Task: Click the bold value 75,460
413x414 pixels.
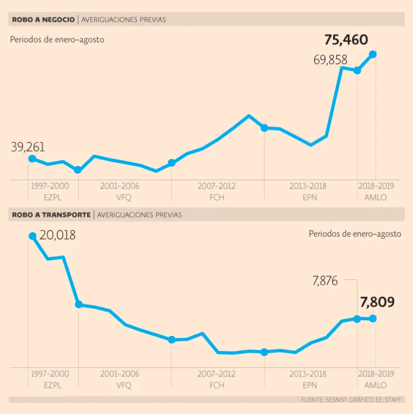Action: click(346, 40)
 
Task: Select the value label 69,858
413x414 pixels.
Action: click(330, 60)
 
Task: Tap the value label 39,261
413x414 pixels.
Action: click(28, 147)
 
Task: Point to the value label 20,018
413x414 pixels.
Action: click(58, 235)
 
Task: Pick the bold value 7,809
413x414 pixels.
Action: click(377, 302)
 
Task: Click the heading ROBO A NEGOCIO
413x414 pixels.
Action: click(43, 19)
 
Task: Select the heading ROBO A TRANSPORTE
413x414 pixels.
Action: click(51, 215)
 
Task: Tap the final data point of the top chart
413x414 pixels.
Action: click(373, 54)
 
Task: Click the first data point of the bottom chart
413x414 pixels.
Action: click(32, 236)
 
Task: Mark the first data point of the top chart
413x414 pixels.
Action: click(32, 158)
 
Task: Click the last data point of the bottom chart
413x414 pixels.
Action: click(373, 319)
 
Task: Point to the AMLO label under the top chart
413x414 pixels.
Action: click(376, 197)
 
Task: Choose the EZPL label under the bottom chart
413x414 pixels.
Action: click(50, 385)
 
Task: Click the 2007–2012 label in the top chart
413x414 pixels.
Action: click(216, 186)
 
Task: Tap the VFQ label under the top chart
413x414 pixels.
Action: click(120, 197)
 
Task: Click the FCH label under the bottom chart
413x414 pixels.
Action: click(216, 385)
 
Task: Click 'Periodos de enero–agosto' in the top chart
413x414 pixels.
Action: click(57, 39)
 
